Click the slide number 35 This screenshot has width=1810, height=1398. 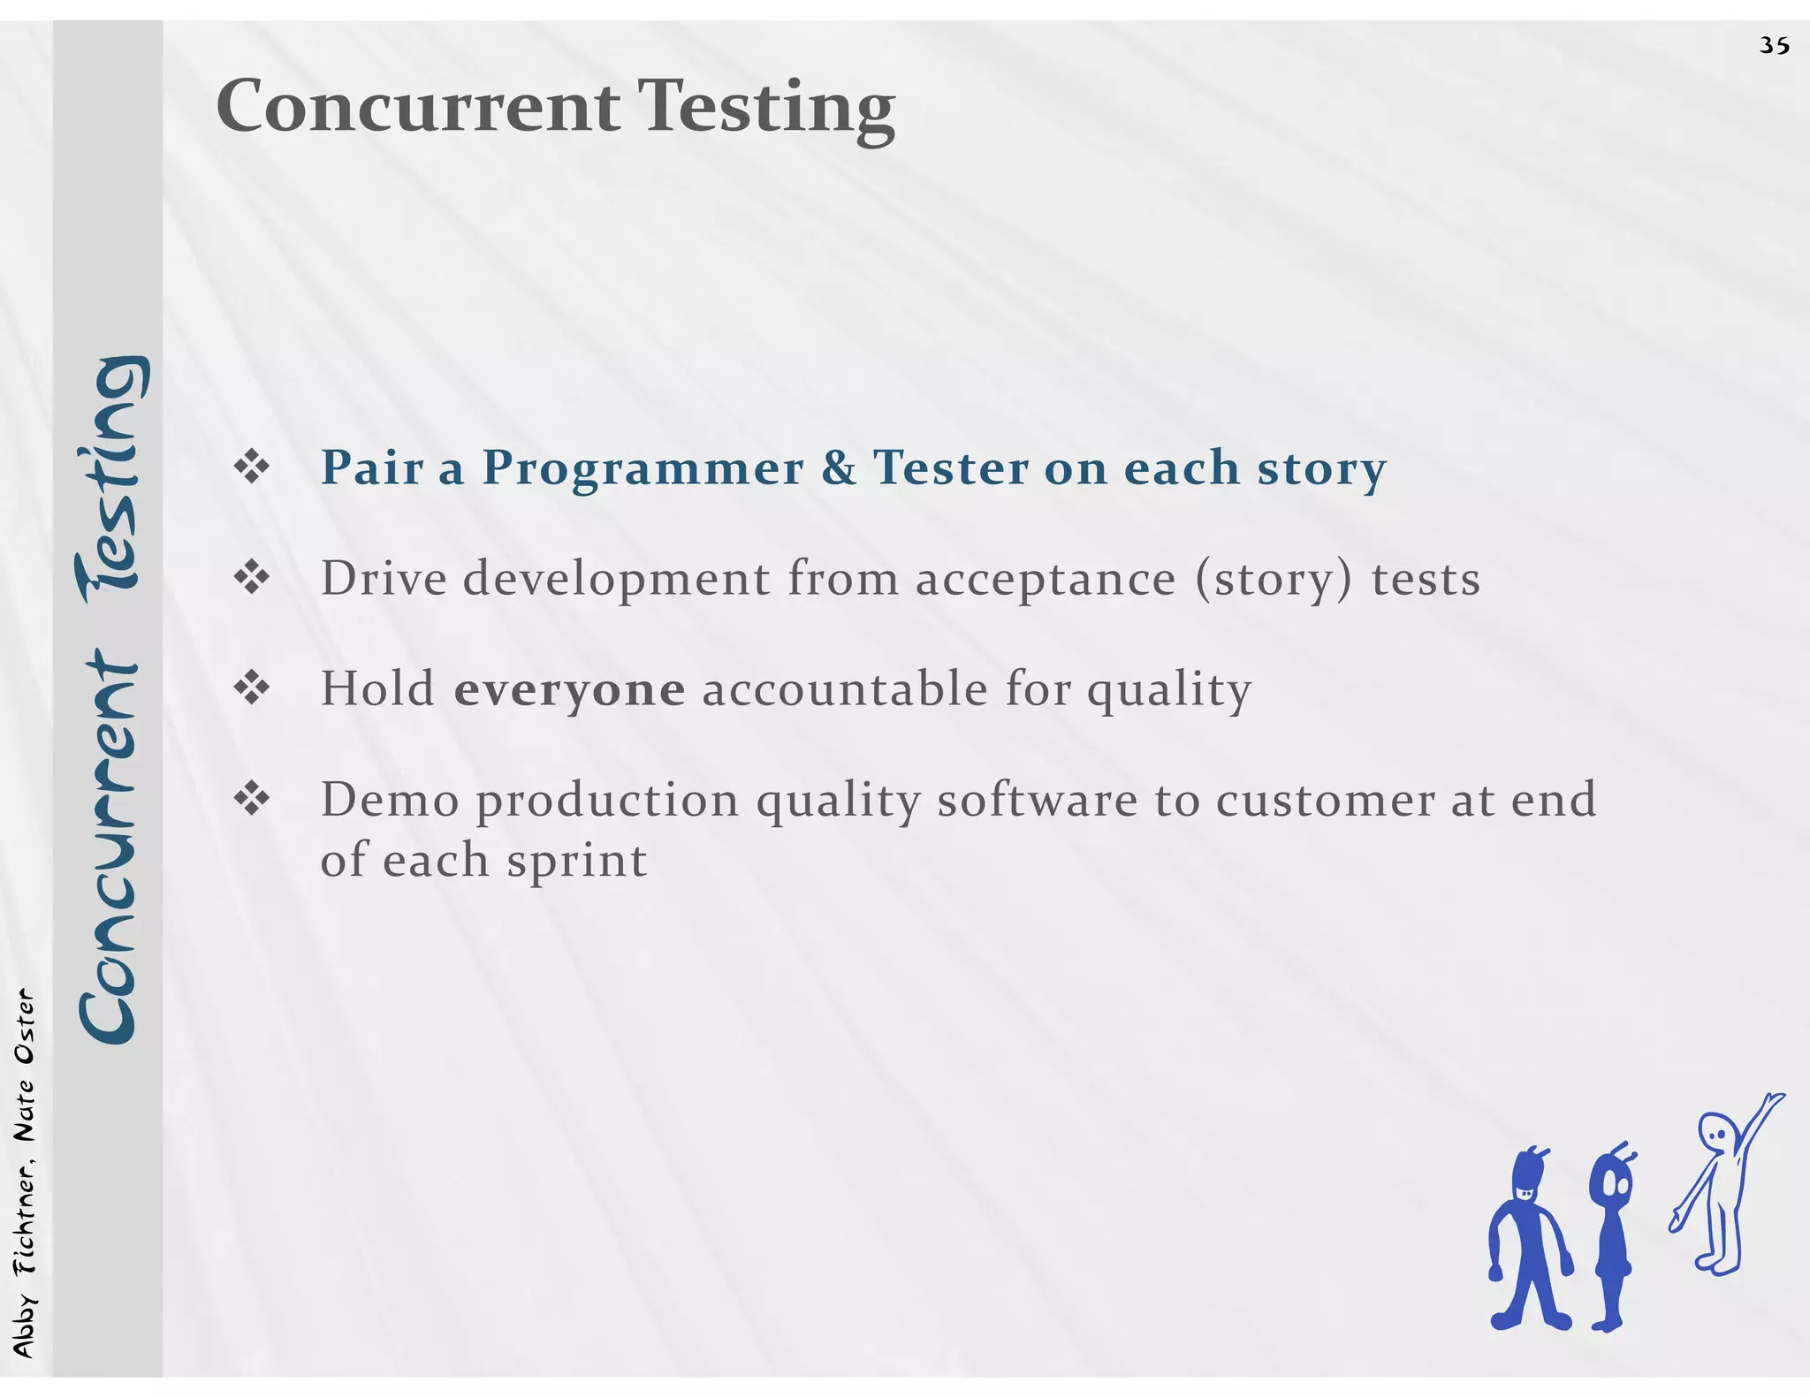click(1774, 45)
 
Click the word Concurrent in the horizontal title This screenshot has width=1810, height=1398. click(418, 106)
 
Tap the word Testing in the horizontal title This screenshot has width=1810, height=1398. click(766, 108)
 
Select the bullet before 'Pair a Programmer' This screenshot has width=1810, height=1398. click(252, 467)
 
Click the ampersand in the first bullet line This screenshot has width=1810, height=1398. click(839, 467)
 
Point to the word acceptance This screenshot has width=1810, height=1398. click(1046, 581)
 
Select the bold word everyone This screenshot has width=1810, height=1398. click(569, 690)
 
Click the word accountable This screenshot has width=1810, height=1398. click(844, 688)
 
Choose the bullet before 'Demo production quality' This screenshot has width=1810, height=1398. click(252, 800)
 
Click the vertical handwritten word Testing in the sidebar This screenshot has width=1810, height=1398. click(108, 482)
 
